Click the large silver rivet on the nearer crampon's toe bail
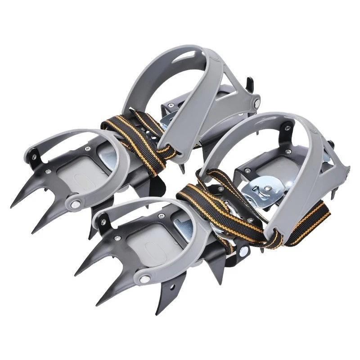pos(145,279)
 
